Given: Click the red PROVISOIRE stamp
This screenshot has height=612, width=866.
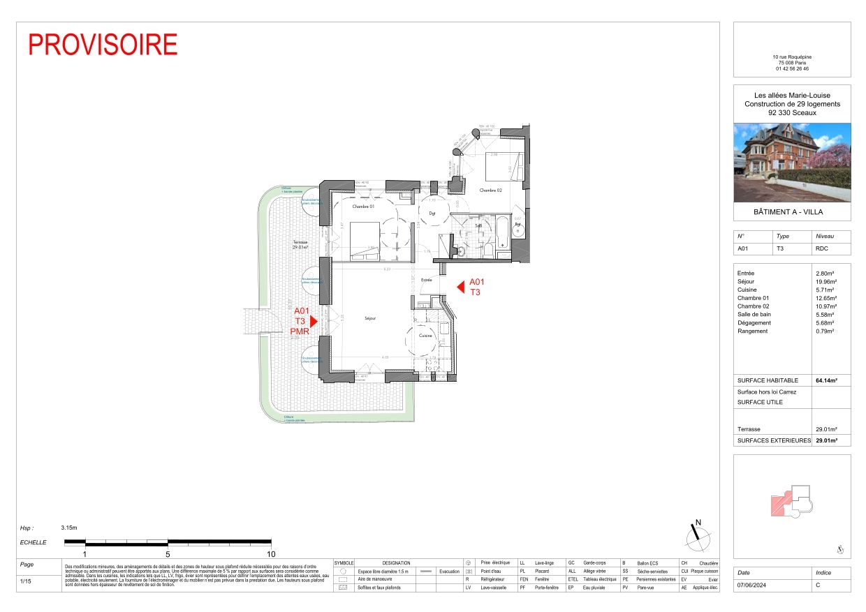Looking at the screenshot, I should (103, 44).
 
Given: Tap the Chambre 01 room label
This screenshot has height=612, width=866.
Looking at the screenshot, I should (363, 207).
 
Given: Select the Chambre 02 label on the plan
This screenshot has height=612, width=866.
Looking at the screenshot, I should (491, 190).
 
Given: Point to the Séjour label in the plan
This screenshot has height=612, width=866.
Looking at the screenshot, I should (370, 318).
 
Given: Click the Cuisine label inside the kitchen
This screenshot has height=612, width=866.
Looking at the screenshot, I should (426, 336).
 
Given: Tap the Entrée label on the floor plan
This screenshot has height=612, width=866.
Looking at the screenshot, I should (426, 280).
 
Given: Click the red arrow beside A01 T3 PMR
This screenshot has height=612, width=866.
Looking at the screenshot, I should (314, 321).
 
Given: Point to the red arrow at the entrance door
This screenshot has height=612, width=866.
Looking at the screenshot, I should (460, 287).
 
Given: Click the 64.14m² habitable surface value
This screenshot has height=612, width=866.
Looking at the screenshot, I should (826, 381).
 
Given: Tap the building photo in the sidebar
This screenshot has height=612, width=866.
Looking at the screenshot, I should (792, 163).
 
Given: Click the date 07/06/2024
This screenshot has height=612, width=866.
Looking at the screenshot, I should (751, 586).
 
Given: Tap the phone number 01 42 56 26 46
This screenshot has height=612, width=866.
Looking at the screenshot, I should (792, 68).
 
